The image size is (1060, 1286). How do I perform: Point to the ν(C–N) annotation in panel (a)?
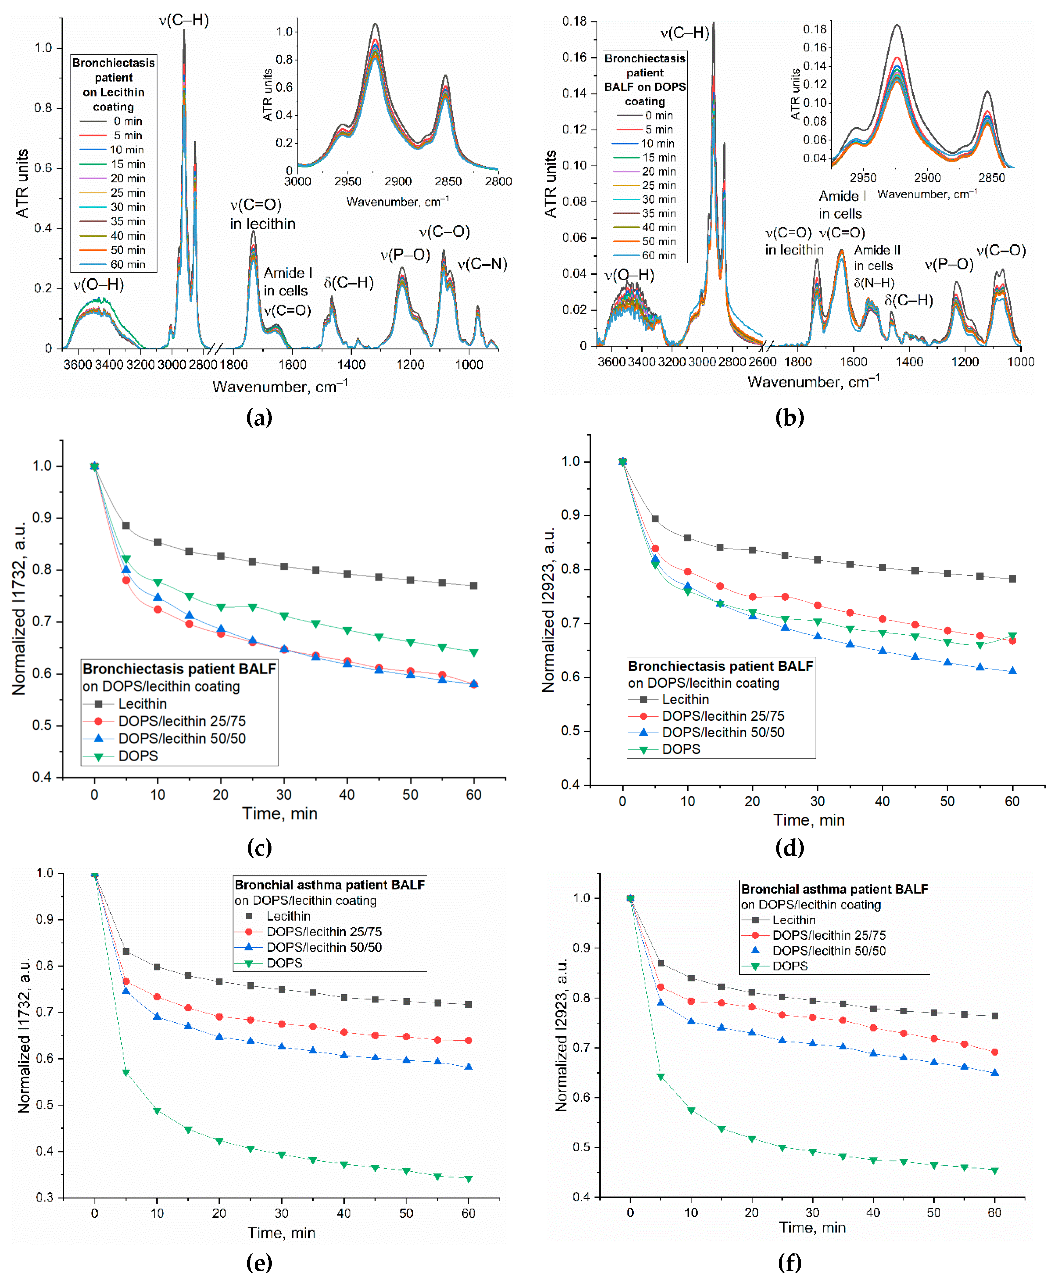click(x=482, y=264)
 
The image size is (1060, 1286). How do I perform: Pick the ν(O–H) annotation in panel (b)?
click(x=629, y=275)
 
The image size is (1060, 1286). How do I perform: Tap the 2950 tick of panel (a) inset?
click(x=347, y=181)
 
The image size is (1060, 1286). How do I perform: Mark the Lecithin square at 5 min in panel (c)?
click(x=126, y=526)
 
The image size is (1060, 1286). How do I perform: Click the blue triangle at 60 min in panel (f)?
click(x=995, y=1072)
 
